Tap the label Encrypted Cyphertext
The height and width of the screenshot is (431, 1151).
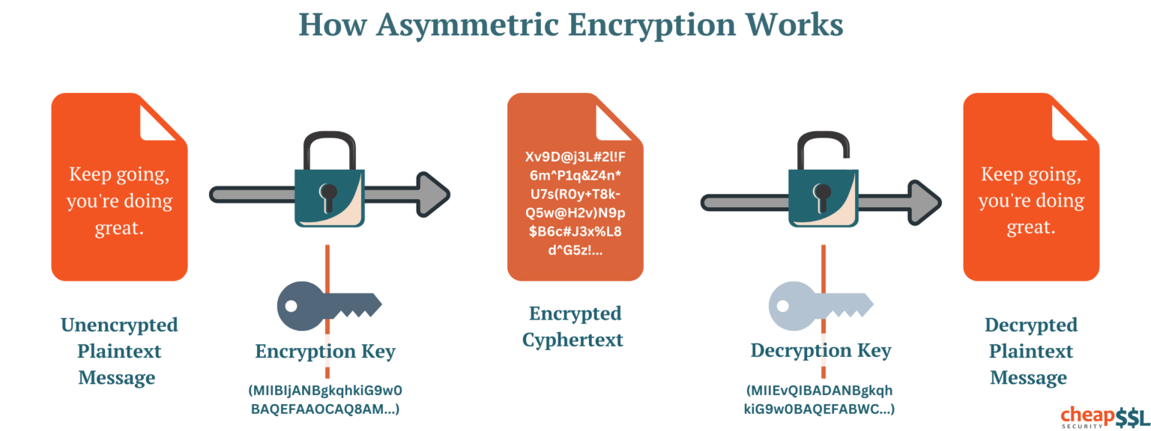click(575, 326)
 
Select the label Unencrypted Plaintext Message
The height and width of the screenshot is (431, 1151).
click(119, 351)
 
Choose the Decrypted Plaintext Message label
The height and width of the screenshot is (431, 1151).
click(1030, 351)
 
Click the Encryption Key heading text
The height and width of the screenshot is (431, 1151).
click(324, 351)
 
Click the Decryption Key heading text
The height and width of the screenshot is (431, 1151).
click(820, 350)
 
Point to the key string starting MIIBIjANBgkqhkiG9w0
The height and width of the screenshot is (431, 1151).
click(325, 399)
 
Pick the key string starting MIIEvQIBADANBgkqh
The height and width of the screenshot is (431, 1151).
click(820, 400)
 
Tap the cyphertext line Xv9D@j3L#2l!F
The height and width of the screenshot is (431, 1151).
click(575, 159)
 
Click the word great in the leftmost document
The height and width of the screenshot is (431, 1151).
click(118, 228)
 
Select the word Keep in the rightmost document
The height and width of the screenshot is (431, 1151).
click(1001, 174)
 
